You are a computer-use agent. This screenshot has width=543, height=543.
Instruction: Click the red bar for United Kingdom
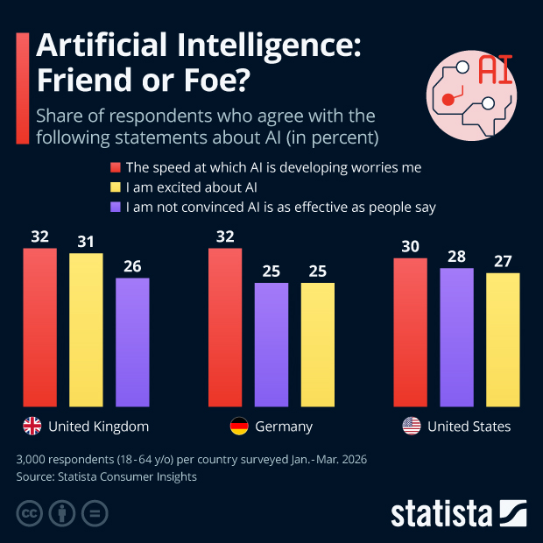[x=39, y=328]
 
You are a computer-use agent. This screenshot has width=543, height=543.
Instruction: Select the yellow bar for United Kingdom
[x=86, y=330]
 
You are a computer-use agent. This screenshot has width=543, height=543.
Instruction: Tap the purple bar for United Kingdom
[x=132, y=342]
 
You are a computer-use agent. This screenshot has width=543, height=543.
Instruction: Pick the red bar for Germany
[x=225, y=328]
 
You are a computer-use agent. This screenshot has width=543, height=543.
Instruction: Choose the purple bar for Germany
[x=271, y=345]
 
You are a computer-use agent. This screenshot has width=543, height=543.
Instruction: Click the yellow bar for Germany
[x=317, y=345]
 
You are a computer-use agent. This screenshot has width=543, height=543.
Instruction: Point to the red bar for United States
[x=411, y=333]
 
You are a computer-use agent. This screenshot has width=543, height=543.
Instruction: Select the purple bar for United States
[x=456, y=337]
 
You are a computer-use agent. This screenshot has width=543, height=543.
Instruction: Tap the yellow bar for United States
[x=503, y=340]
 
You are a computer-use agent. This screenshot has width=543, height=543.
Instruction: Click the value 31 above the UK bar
[x=86, y=241]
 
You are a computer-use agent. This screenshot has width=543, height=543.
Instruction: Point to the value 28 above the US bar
[x=456, y=256]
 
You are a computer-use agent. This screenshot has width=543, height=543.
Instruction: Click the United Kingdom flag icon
[x=32, y=427]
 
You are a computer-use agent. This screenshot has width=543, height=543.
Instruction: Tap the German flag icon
[x=238, y=427]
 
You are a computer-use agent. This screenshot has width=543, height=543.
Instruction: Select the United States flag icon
[x=411, y=427]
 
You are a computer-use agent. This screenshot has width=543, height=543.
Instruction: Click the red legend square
[x=115, y=166]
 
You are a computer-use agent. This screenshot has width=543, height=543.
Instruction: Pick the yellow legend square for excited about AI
[x=115, y=187]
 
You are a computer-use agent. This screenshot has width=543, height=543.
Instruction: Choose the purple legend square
[x=115, y=208]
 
